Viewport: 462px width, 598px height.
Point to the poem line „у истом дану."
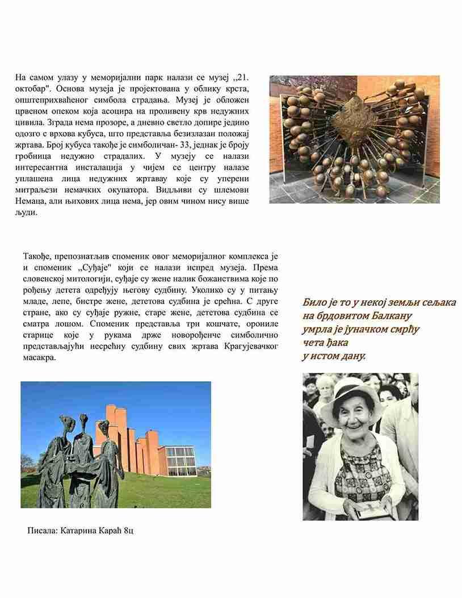[x=334, y=356]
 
